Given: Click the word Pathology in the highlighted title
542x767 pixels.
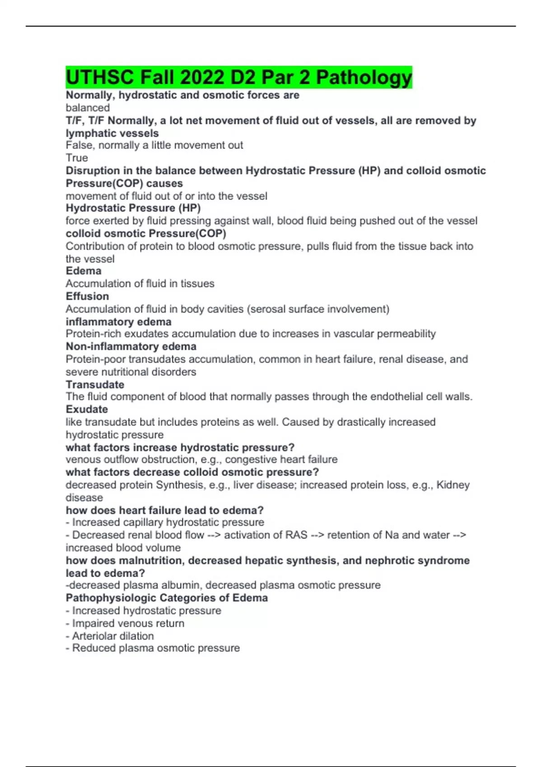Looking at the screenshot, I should [x=364, y=77].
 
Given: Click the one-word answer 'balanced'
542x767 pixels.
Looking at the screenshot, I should [x=88, y=108].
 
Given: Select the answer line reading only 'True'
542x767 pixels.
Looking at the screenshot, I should [x=77, y=158].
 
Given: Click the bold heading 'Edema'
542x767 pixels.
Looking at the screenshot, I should [x=84, y=271].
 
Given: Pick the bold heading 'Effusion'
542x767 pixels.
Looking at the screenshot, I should [x=87, y=296].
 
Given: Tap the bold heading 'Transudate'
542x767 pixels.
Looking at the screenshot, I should [x=95, y=384].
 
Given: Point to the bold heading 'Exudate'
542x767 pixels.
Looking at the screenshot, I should [x=87, y=409].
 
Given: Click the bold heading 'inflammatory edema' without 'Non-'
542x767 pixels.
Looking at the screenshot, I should [x=118, y=322].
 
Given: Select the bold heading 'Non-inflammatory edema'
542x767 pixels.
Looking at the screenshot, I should [x=131, y=347].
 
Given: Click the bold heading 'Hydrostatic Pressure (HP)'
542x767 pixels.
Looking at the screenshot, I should [x=133, y=208].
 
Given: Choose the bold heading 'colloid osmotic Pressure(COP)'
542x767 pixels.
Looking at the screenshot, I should [x=146, y=233].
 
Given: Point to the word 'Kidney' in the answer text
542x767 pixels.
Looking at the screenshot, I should [x=453, y=485].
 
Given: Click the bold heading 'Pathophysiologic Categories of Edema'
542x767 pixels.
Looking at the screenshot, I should [x=167, y=598].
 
